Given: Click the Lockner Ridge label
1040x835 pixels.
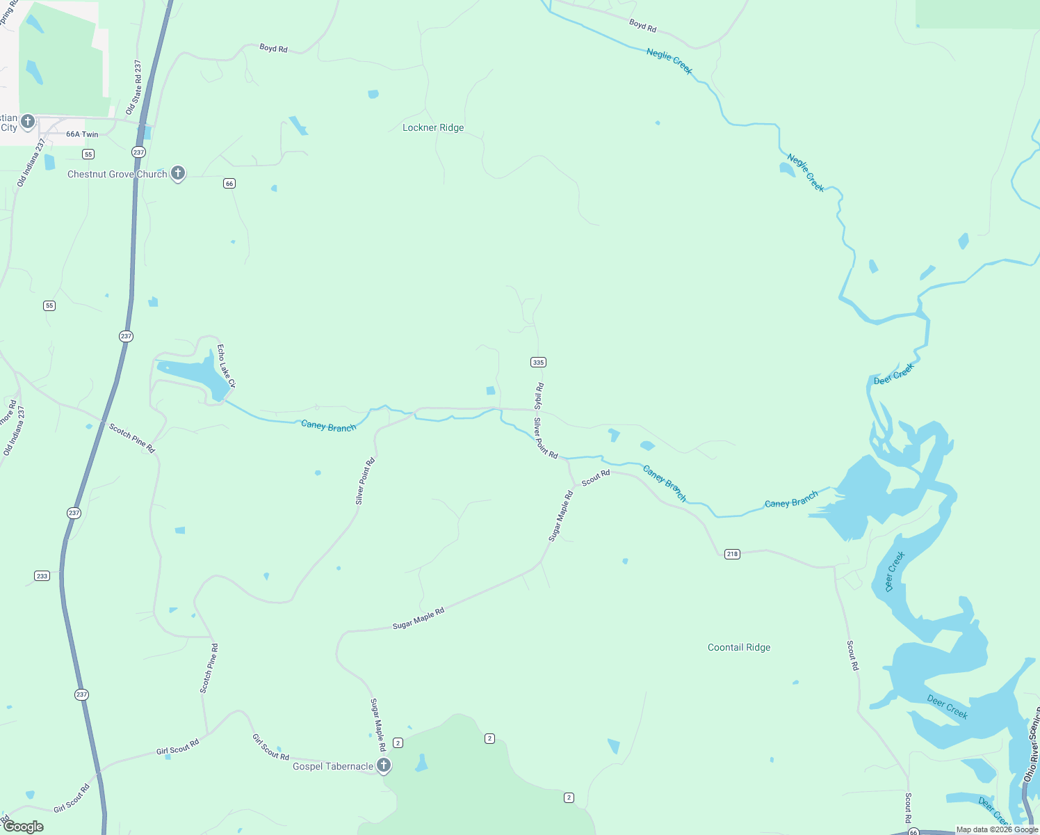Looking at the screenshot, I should click(433, 127).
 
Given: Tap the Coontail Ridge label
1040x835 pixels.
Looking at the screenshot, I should click(738, 647).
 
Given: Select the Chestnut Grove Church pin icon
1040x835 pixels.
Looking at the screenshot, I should click(178, 173).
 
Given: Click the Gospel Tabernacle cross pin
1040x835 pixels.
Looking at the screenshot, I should click(383, 765).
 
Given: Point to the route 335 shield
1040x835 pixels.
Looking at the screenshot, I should click(538, 362).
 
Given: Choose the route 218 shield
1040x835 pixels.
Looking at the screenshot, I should click(732, 554).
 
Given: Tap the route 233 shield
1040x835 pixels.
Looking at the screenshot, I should click(42, 575).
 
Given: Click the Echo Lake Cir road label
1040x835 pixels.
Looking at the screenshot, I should click(227, 365).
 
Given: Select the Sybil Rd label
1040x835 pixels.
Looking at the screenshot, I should click(539, 395).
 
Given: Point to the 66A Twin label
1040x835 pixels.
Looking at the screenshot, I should click(82, 134).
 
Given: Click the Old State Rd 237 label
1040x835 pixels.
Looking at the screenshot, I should click(133, 88).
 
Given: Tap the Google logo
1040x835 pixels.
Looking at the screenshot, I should click(24, 827).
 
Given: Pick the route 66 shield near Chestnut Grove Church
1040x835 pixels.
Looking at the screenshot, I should click(229, 183).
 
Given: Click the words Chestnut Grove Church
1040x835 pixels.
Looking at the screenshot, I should click(117, 174).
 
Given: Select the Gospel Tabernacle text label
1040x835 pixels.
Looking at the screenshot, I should click(332, 766).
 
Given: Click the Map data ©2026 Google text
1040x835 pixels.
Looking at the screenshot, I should click(997, 829).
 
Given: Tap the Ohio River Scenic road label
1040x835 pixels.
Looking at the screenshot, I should click(1032, 745).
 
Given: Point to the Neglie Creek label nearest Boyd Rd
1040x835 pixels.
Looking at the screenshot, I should click(669, 61).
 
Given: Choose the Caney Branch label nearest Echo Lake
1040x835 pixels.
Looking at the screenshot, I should click(328, 426).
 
